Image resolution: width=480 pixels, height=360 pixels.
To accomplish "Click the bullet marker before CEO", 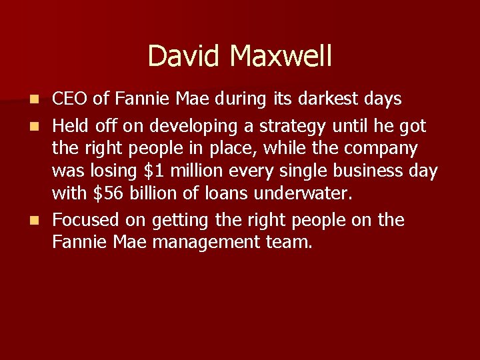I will pyautogui.click(x=42, y=100).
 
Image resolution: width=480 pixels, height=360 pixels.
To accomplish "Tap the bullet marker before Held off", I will pyautogui.click(x=42, y=125).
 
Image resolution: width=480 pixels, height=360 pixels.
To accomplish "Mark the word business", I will pyautogui.click(x=368, y=171).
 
